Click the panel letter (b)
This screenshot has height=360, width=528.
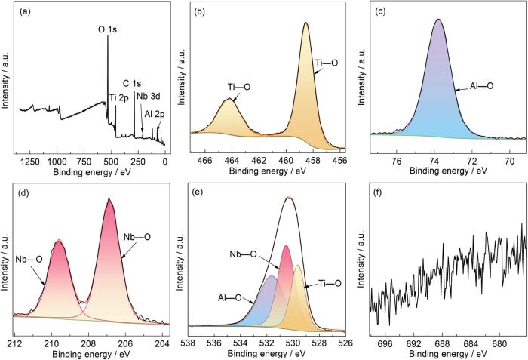pos(197,12)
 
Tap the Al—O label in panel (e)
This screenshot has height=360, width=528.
pos(241,297)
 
